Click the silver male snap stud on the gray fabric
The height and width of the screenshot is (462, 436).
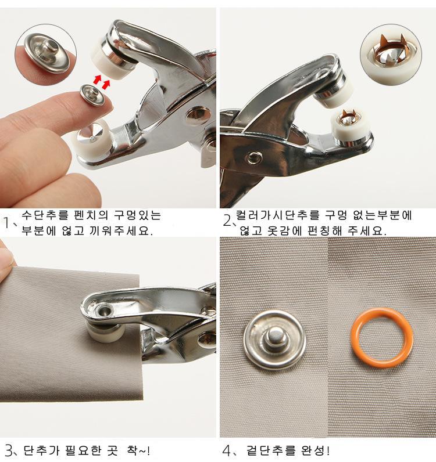tap(274, 340)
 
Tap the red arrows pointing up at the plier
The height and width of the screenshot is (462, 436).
tap(102, 81)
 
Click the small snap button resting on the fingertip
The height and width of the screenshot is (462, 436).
tap(92, 94)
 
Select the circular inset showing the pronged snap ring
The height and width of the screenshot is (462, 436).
tap(391, 55)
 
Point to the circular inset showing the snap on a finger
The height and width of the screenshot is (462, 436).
tap(46, 55)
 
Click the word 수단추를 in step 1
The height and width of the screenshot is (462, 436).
tap(45, 215)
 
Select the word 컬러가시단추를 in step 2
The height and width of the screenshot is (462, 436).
tap(277, 215)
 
